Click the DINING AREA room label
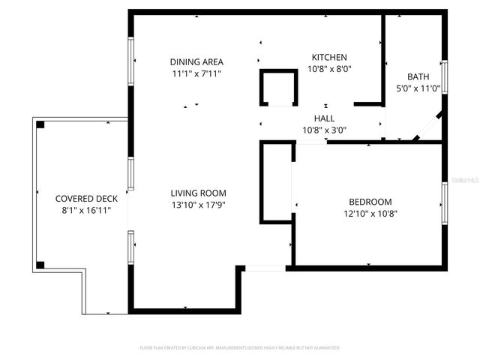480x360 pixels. point(196,61)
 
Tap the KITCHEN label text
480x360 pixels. point(329,57)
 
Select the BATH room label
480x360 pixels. point(418,76)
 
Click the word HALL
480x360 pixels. point(324,118)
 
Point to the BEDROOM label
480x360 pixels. point(370,202)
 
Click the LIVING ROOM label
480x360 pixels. point(198,193)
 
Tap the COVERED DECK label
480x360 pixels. point(86,199)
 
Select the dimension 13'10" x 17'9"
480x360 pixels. point(198,205)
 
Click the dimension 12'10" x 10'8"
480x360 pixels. point(370,214)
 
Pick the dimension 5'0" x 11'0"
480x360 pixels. point(418,88)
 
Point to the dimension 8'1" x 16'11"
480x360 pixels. point(86,211)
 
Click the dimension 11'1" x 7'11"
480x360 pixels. point(196,73)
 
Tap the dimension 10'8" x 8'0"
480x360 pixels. point(329,69)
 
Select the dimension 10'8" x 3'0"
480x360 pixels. point(324,130)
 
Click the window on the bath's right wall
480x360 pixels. point(445,77)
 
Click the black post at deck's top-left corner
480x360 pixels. point(40,124)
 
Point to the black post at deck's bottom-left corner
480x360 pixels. point(40,265)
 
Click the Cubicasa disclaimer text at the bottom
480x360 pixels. point(240,348)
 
